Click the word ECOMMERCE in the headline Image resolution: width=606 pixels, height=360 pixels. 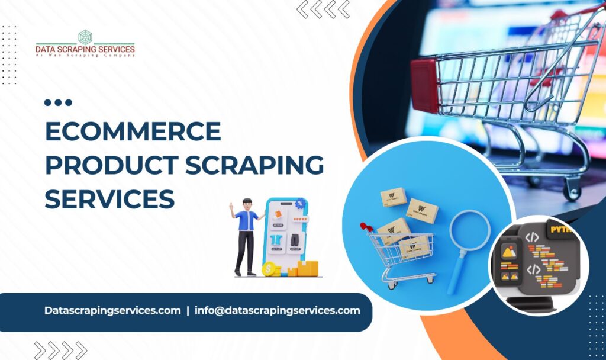(x=133, y=131)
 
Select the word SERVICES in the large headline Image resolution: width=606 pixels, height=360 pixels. (x=109, y=198)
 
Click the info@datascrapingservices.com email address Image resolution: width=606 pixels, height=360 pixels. (x=277, y=310)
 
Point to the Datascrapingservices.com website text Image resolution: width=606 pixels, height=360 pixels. (x=112, y=310)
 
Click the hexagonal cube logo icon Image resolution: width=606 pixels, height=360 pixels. (x=85, y=37)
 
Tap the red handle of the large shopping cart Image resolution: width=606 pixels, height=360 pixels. (x=424, y=84)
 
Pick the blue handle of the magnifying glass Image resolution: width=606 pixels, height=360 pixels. (x=456, y=272)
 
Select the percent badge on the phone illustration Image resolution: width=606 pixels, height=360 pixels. (x=301, y=203)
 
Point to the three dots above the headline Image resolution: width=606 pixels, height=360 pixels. (x=58, y=102)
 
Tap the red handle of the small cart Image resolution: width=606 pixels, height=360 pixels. (x=366, y=226)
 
